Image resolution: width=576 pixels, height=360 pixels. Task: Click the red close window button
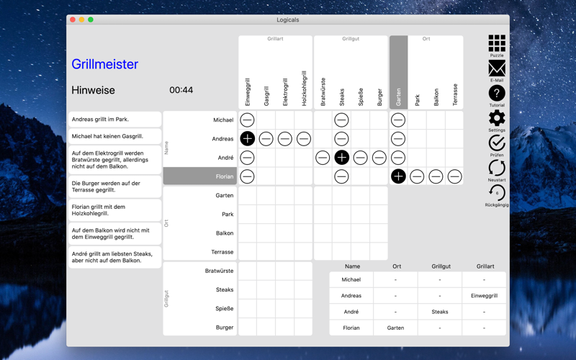point(73,19)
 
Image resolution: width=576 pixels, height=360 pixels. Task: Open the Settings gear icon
point(497,118)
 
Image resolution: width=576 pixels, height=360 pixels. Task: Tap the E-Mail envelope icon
point(497,68)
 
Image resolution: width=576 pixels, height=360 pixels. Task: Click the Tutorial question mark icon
point(497,94)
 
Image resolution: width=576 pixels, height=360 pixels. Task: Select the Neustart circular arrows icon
point(497,168)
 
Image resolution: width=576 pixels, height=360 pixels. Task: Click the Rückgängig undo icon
point(497,193)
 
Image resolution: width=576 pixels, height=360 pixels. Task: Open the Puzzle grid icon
point(497,43)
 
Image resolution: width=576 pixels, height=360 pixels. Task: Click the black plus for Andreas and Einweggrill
point(247,139)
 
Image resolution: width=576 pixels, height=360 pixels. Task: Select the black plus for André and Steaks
point(341,158)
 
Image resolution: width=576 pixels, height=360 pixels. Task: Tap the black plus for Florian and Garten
point(398,176)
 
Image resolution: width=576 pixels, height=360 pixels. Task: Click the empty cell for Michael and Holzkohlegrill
point(303,120)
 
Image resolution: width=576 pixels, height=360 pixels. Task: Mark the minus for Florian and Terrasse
point(455,176)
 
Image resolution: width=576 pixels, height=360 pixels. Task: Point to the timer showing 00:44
point(181,90)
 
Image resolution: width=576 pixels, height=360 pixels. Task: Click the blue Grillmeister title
point(104,64)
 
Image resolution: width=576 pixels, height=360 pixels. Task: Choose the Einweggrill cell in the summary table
point(484,296)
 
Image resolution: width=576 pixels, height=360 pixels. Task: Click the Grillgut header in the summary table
point(441,266)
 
